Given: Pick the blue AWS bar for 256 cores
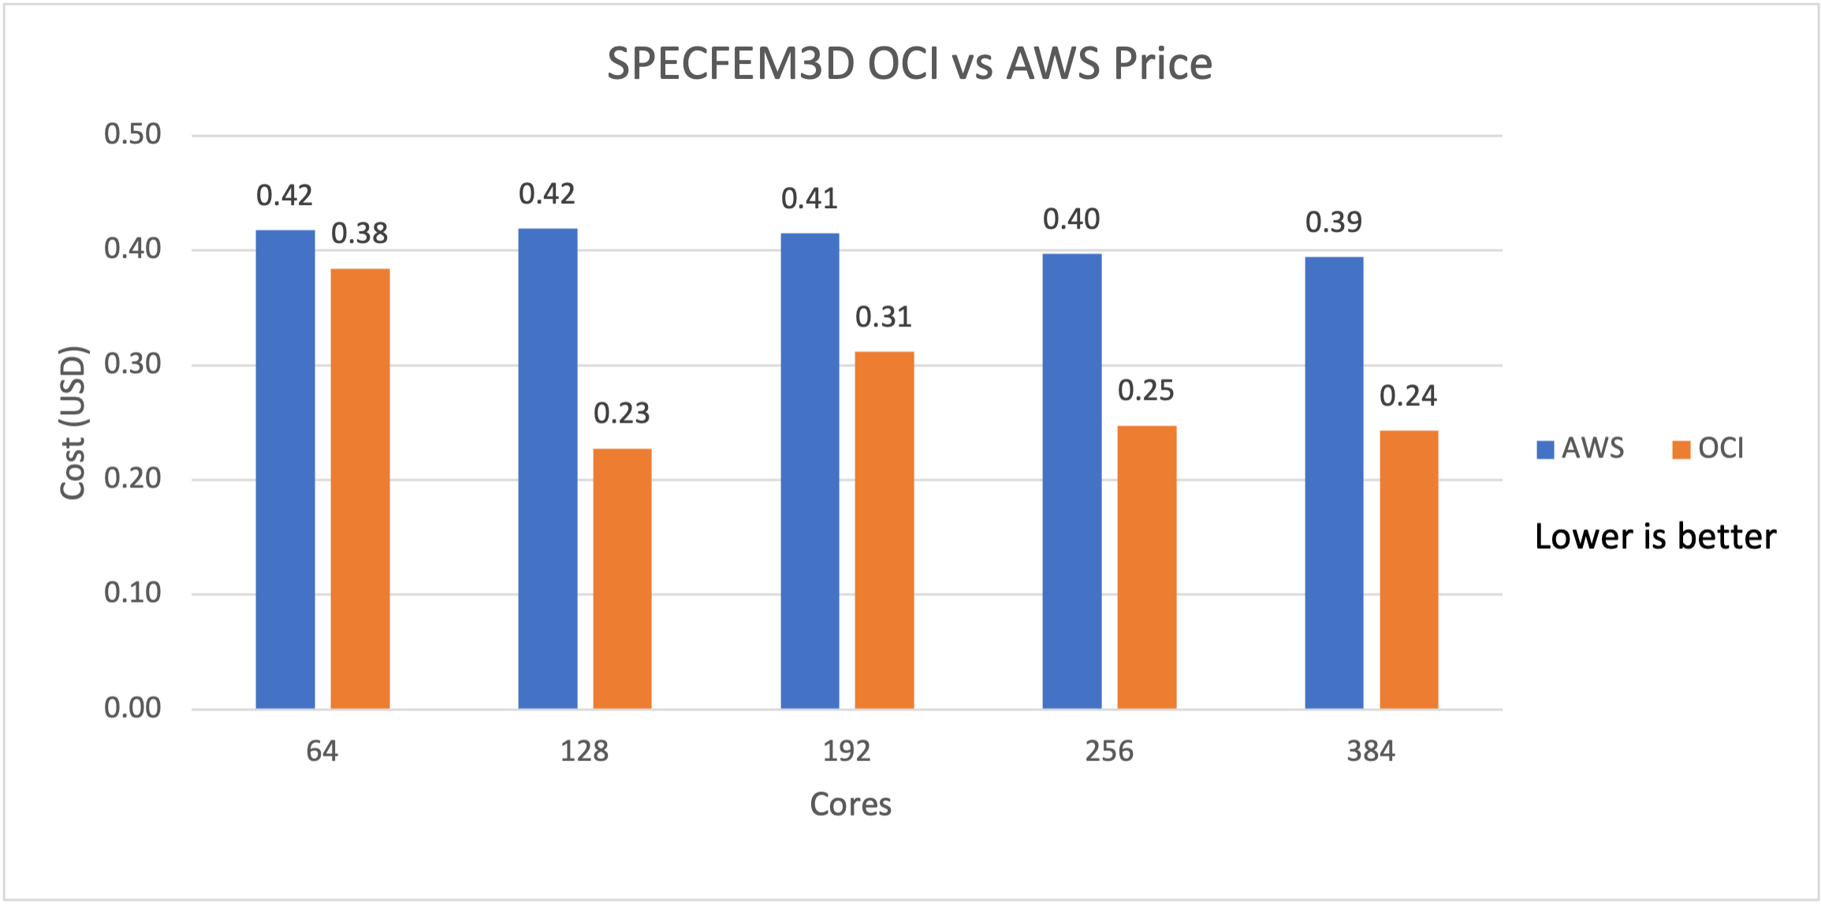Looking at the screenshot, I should coord(1072,481).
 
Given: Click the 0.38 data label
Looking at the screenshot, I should coord(359,233).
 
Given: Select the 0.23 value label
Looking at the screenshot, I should coord(622,413).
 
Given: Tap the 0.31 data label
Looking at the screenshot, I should coord(884,317).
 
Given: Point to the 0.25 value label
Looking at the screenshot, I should coord(1146,390).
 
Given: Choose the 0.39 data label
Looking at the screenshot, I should coord(1334,222).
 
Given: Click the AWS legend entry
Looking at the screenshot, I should coord(1581,449).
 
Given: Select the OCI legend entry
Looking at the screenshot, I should coord(1708,449).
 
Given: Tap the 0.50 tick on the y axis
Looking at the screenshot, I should coord(132,134).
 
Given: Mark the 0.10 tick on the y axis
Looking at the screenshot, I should coord(132,593).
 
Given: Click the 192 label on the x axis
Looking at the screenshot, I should coord(847,751).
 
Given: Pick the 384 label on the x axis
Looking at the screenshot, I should coord(1371,751).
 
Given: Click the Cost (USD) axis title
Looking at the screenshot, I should coord(73,423).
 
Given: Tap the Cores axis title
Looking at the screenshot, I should coord(851,804).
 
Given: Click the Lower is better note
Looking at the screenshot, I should coord(1655,537).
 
